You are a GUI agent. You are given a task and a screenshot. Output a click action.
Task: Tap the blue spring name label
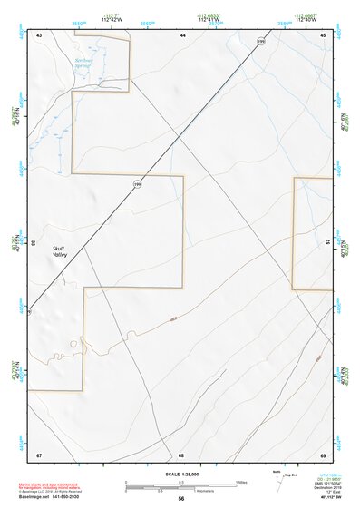(x=84, y=63)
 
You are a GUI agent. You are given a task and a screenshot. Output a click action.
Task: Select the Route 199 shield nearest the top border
(x=261, y=42)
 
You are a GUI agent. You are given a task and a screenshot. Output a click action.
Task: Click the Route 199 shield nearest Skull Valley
(x=138, y=184)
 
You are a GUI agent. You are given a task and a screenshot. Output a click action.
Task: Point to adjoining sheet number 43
(x=39, y=34)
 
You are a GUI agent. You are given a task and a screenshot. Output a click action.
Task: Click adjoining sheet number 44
(x=182, y=34)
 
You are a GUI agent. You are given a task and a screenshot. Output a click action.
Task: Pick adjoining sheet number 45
(x=323, y=34)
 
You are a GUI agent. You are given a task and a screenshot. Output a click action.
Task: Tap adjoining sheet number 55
(x=34, y=243)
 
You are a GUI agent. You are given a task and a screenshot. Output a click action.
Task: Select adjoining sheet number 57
(x=326, y=243)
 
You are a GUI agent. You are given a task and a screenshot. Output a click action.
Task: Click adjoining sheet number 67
(x=39, y=454)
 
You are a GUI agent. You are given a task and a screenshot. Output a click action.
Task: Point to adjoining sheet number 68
(x=181, y=454)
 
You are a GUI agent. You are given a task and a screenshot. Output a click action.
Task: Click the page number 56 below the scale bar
(x=181, y=499)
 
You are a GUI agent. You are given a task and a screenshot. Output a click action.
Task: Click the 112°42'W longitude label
(x=112, y=19)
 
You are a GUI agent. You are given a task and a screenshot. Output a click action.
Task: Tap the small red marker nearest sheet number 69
(x=318, y=359)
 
